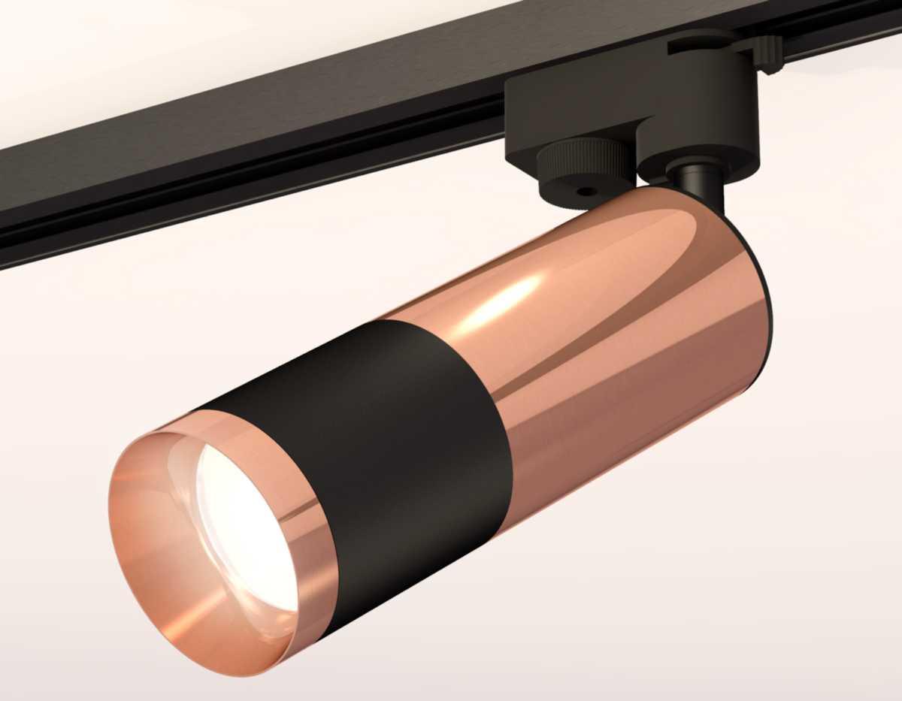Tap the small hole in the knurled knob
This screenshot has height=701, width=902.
pos(583,192)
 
